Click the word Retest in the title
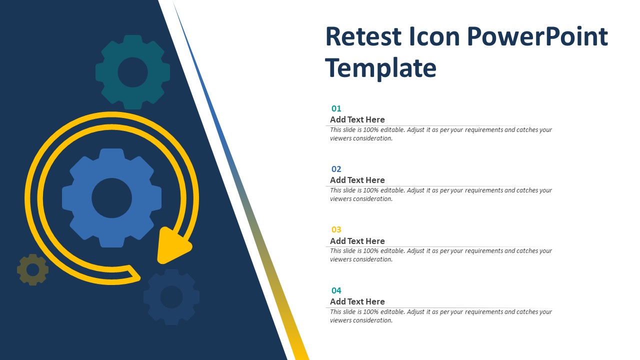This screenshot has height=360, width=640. (x=363, y=36)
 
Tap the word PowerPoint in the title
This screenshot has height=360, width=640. (x=537, y=37)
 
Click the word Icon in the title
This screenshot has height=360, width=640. (x=434, y=36)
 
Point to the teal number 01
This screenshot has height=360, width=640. (x=336, y=108)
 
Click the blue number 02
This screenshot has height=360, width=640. (x=336, y=169)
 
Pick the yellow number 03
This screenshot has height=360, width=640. (x=336, y=229)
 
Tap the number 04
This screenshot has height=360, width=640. (x=336, y=290)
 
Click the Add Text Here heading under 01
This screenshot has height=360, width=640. (x=357, y=119)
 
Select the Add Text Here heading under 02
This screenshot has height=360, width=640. (x=357, y=180)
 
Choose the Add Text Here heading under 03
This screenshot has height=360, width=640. (x=357, y=241)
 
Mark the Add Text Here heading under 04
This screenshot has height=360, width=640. (x=357, y=301)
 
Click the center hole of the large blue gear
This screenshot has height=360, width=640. (x=111, y=198)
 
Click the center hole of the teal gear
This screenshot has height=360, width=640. (x=133, y=72)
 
